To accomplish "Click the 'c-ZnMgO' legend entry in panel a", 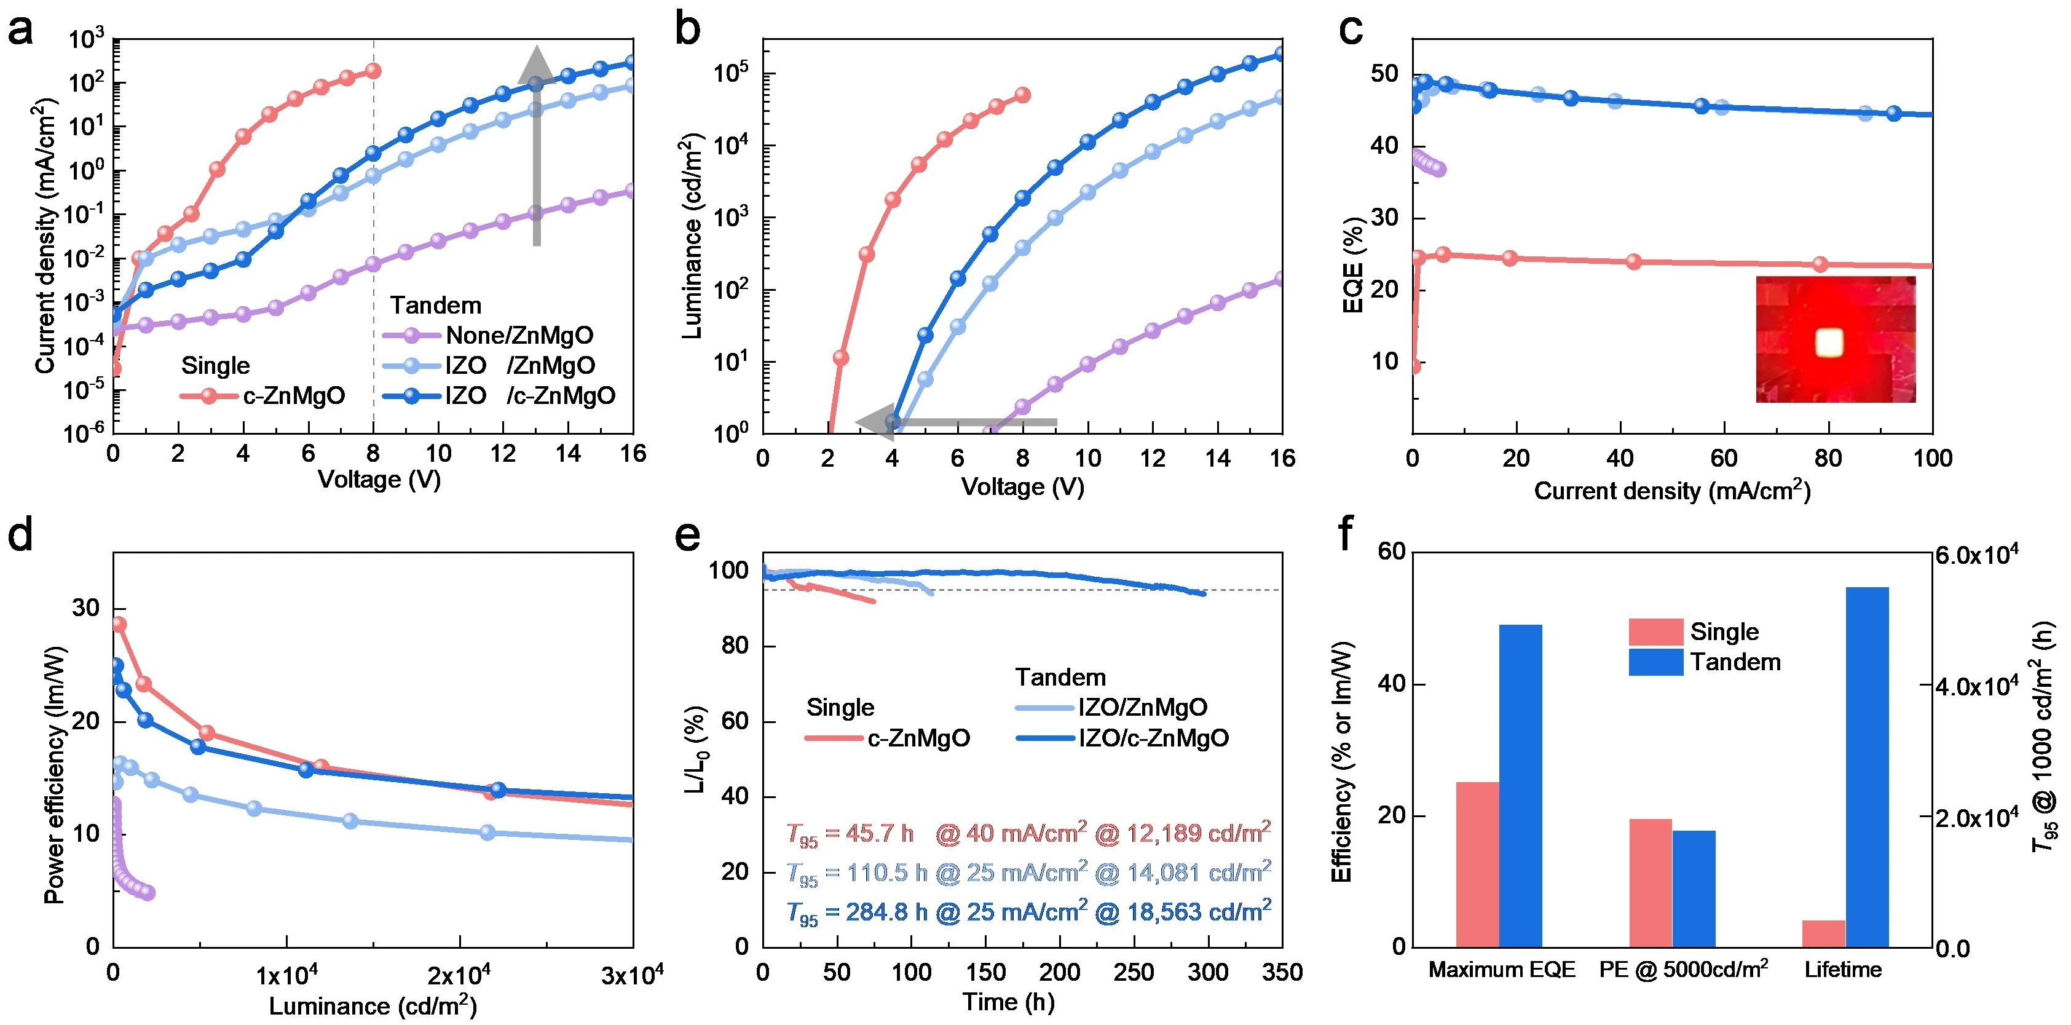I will point(293,395).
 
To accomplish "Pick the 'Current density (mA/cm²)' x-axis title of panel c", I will point(1672,491).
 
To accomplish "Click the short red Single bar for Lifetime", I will point(1823,933).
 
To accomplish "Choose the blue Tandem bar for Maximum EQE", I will point(1520,785).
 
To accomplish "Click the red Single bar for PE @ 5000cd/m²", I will point(1651,882).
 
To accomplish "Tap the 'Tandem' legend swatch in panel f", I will point(1655,662).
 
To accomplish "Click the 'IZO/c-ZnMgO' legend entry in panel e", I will point(1154,738).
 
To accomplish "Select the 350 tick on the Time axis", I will point(1282,973).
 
